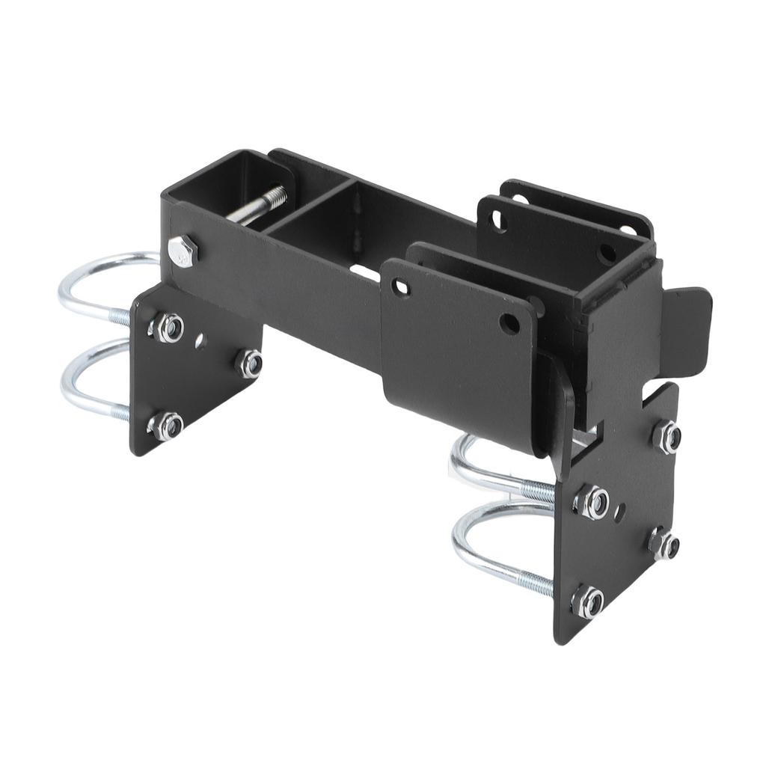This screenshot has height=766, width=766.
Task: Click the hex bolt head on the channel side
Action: tap(183, 250)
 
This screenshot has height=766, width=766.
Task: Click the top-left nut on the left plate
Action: tap(169, 328)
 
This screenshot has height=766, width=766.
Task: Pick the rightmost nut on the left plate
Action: tap(250, 364)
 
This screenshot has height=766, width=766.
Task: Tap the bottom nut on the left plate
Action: tap(168, 426)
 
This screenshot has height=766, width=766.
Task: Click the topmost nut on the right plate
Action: tap(667, 436)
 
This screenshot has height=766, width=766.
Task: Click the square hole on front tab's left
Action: tap(402, 287)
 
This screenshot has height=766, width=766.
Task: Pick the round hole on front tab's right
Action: tap(509, 323)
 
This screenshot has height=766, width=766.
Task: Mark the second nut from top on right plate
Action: tap(592, 502)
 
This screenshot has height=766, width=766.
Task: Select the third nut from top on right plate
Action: tap(663, 543)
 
